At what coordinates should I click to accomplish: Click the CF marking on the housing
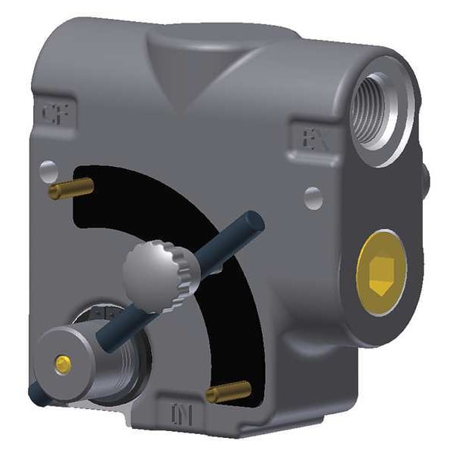(53, 115)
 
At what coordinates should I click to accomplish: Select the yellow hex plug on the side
(381, 269)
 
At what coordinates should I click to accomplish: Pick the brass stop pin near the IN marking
(229, 391)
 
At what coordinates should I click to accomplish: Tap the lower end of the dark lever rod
(35, 393)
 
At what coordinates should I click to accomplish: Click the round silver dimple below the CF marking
(48, 168)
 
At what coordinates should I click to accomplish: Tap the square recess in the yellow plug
(381, 269)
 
